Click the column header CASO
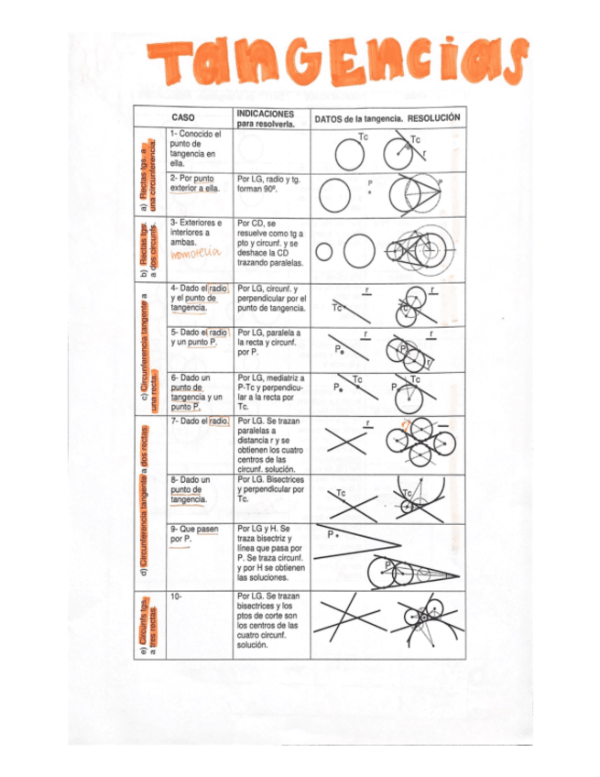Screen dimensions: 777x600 coord(183,118)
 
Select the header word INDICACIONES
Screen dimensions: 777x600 coord(265,114)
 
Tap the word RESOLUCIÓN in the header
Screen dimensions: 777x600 coord(434,118)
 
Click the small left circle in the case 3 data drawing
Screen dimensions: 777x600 coord(325,252)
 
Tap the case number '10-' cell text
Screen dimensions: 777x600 coord(177,596)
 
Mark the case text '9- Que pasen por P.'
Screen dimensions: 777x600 coord(188,534)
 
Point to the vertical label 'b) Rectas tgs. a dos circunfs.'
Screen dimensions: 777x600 coord(148,249)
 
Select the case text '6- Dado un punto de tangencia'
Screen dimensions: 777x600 coord(195,392)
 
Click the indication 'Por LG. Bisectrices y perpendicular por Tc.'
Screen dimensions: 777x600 coord(270,489)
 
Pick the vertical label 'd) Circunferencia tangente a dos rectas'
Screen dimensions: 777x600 coord(147,501)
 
